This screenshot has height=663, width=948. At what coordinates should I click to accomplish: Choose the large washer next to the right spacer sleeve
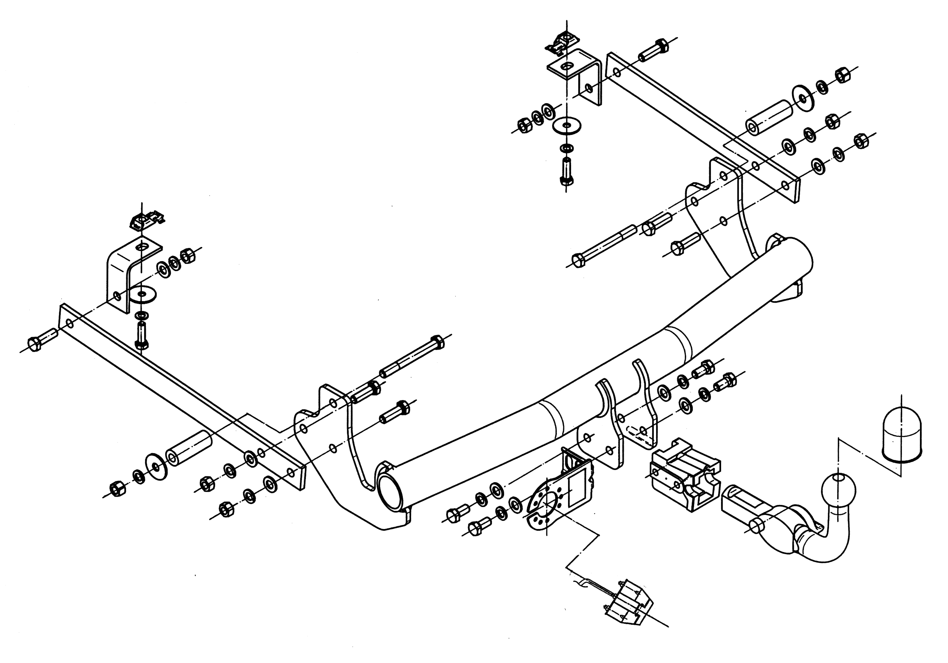tap(802, 98)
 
